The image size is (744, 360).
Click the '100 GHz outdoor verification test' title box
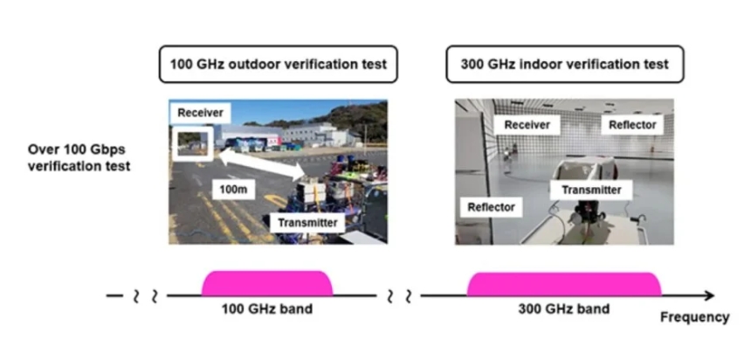click(277, 65)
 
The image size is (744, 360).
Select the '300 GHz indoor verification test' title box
click(564, 65)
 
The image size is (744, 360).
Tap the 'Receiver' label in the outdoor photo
click(200, 113)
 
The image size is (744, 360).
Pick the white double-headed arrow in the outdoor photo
click(260, 164)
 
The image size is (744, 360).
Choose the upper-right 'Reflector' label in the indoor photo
click(632, 125)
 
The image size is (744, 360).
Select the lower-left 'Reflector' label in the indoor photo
click(490, 207)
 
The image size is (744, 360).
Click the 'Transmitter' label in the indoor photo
click(591, 189)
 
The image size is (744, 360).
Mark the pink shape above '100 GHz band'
click(267, 283)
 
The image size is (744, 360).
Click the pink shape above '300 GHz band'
click(564, 284)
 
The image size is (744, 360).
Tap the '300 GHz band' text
click(565, 309)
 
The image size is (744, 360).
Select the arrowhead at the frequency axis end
click(708, 296)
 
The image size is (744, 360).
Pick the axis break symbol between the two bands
click(398, 296)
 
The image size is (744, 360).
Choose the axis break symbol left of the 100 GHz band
click(144, 296)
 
